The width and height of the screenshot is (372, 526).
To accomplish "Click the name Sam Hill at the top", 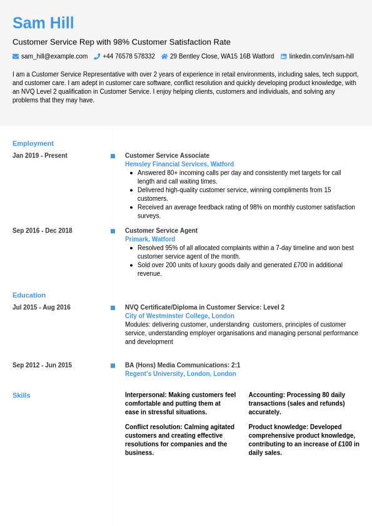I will click(43, 23).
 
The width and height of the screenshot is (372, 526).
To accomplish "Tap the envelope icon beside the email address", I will click(16, 56).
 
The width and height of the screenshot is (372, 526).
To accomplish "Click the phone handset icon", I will click(97, 56).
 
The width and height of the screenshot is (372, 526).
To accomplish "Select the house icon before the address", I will click(164, 56).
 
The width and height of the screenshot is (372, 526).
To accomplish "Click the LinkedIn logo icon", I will click(283, 56).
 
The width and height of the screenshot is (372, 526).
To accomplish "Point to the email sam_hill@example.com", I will click(54, 56).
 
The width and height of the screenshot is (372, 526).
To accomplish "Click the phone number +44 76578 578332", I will click(129, 56).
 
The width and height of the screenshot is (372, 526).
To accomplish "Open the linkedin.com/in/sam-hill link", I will click(321, 56).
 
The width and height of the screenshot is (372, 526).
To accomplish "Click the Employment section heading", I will click(33, 143).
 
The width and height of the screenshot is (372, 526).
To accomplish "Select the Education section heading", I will click(29, 295).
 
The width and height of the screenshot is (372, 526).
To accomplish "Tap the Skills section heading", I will click(21, 395).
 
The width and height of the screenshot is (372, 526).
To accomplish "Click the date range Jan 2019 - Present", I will click(40, 156).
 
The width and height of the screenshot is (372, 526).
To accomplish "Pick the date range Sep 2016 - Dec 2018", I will click(43, 231).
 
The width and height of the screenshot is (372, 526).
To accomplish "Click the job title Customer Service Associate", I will click(167, 156).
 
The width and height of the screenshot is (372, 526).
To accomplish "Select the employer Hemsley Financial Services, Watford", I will click(179, 164).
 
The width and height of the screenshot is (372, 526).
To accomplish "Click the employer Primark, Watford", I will click(150, 240).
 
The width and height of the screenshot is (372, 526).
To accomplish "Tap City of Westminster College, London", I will click(179, 316).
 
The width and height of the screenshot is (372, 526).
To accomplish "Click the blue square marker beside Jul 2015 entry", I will click(113, 308).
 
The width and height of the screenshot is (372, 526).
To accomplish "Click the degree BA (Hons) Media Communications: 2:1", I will click(183, 365).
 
